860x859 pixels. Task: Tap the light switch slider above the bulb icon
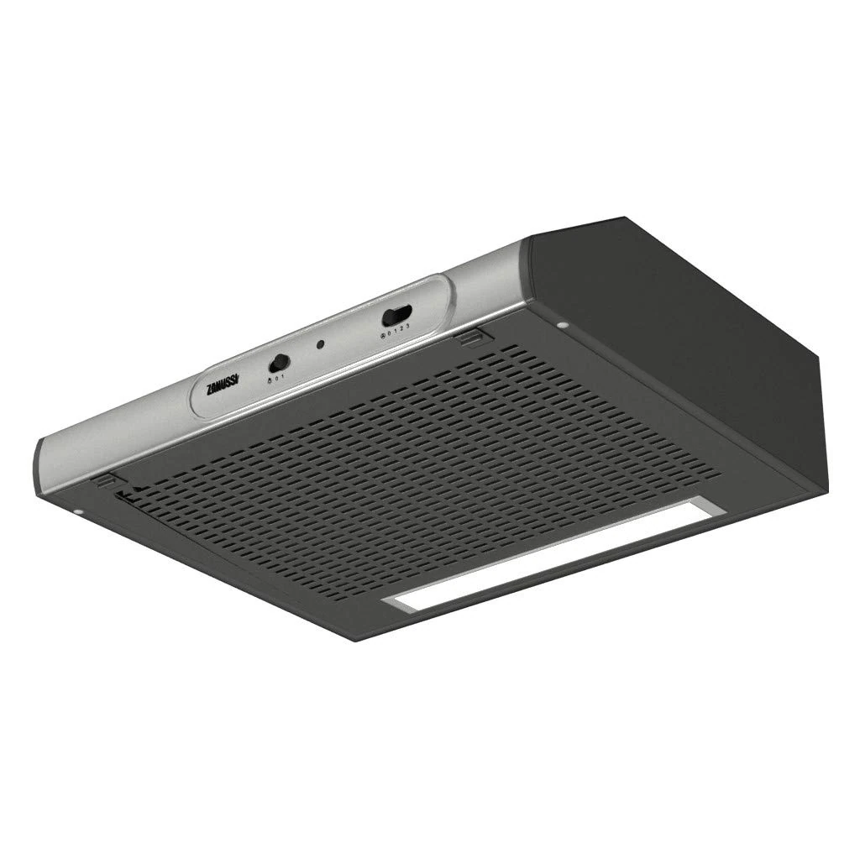pos(278,364)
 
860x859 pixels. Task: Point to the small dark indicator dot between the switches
pos(320,344)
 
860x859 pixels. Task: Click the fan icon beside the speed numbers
pos(383,336)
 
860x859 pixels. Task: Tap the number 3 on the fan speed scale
pos(409,327)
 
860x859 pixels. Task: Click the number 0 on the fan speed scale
pos(391,333)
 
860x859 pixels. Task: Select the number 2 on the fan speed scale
pos(403,329)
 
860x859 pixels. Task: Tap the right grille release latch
pos(473,337)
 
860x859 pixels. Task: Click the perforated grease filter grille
pos(403,470)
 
